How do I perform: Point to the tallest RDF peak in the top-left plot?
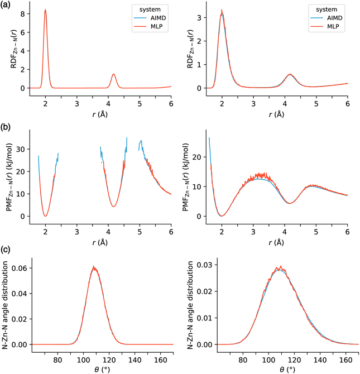45,10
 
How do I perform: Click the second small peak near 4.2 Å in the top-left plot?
114,74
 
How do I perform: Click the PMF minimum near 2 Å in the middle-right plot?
223,215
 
